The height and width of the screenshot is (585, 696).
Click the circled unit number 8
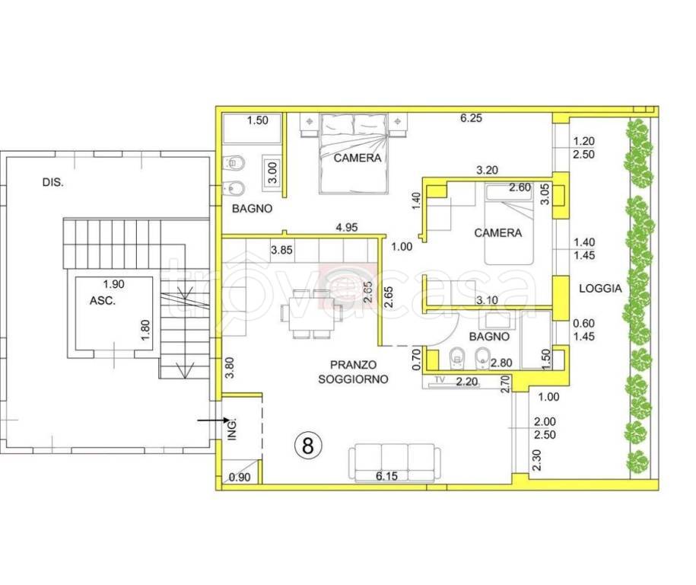[307, 445]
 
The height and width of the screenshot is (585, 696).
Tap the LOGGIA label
[600, 288]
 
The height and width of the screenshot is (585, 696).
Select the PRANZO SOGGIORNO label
[353, 372]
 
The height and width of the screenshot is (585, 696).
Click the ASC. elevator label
[103, 301]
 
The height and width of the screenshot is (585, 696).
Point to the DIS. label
[52, 182]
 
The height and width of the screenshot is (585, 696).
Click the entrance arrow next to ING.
[213, 419]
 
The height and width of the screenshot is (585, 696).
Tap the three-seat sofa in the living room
[395, 463]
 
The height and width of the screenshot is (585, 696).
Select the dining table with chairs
[311, 314]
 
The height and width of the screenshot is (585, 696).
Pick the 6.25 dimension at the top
[471, 118]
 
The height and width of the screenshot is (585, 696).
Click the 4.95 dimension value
[347, 228]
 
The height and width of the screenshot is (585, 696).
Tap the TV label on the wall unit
[440, 379]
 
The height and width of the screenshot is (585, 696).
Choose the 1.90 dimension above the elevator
[113, 283]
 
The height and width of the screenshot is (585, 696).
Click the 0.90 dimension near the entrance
[240, 478]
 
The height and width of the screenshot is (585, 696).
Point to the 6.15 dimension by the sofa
[386, 475]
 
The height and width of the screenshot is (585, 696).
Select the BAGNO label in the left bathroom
[252, 208]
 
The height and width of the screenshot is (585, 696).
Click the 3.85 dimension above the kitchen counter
[282, 250]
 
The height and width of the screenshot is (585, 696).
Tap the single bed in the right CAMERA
[508, 224]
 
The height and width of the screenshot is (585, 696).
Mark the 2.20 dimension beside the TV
[467, 382]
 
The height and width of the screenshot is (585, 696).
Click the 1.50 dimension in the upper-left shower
[257, 120]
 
